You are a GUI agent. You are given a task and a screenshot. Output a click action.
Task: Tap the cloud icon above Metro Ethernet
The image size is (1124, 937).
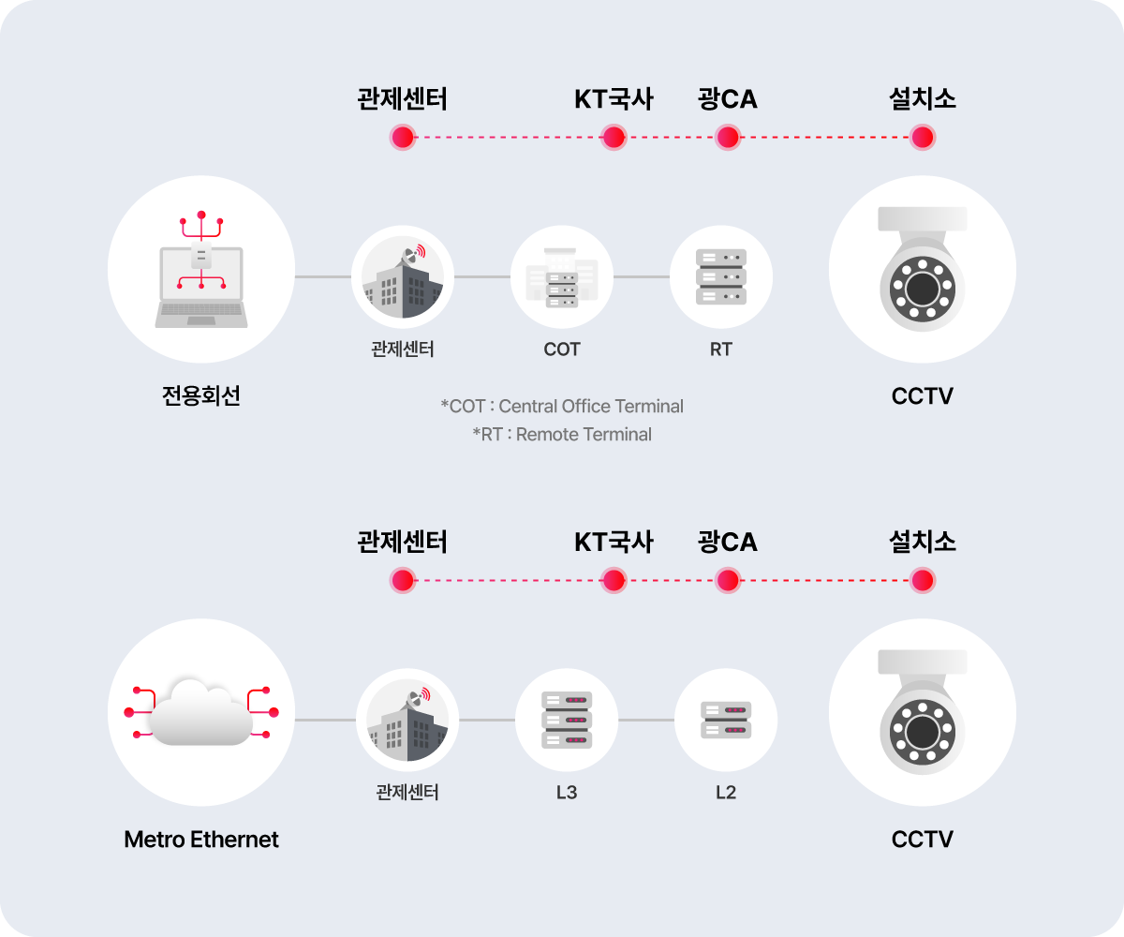tap(201, 712)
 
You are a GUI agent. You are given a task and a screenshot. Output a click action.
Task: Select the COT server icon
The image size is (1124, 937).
tap(561, 278)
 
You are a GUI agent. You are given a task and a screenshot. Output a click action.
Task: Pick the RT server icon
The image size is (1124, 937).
tap(721, 276)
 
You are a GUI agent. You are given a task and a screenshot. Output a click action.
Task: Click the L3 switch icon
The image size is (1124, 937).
tap(567, 720)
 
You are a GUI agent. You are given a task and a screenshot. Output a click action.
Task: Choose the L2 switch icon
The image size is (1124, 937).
tap(726, 720)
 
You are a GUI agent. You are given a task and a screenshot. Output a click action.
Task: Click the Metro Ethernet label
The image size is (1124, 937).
tap(201, 840)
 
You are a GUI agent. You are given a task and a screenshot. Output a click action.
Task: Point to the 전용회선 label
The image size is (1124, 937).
tap(201, 395)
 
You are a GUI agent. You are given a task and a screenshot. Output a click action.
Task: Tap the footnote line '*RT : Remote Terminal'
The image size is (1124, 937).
tap(562, 435)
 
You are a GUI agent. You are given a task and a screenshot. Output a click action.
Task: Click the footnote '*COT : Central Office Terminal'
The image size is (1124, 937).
tap(562, 406)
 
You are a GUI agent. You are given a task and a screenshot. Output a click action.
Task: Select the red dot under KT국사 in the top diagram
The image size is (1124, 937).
tap(614, 138)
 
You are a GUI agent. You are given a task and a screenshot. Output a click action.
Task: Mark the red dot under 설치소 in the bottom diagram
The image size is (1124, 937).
tap(923, 581)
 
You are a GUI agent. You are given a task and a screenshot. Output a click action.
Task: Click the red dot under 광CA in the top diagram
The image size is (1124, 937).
tap(728, 138)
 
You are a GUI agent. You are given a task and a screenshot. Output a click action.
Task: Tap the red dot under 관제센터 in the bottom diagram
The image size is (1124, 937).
tap(403, 581)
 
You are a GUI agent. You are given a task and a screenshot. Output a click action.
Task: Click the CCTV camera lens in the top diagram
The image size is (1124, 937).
tap(923, 289)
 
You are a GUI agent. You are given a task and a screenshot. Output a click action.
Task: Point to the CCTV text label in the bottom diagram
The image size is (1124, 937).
tap(922, 840)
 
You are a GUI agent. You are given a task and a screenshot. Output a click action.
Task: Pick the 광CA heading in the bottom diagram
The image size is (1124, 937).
tap(727, 542)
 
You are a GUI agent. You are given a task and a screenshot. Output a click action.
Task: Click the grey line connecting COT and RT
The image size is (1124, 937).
tap(642, 276)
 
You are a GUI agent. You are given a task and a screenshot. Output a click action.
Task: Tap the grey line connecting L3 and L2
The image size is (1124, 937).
tap(646, 720)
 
